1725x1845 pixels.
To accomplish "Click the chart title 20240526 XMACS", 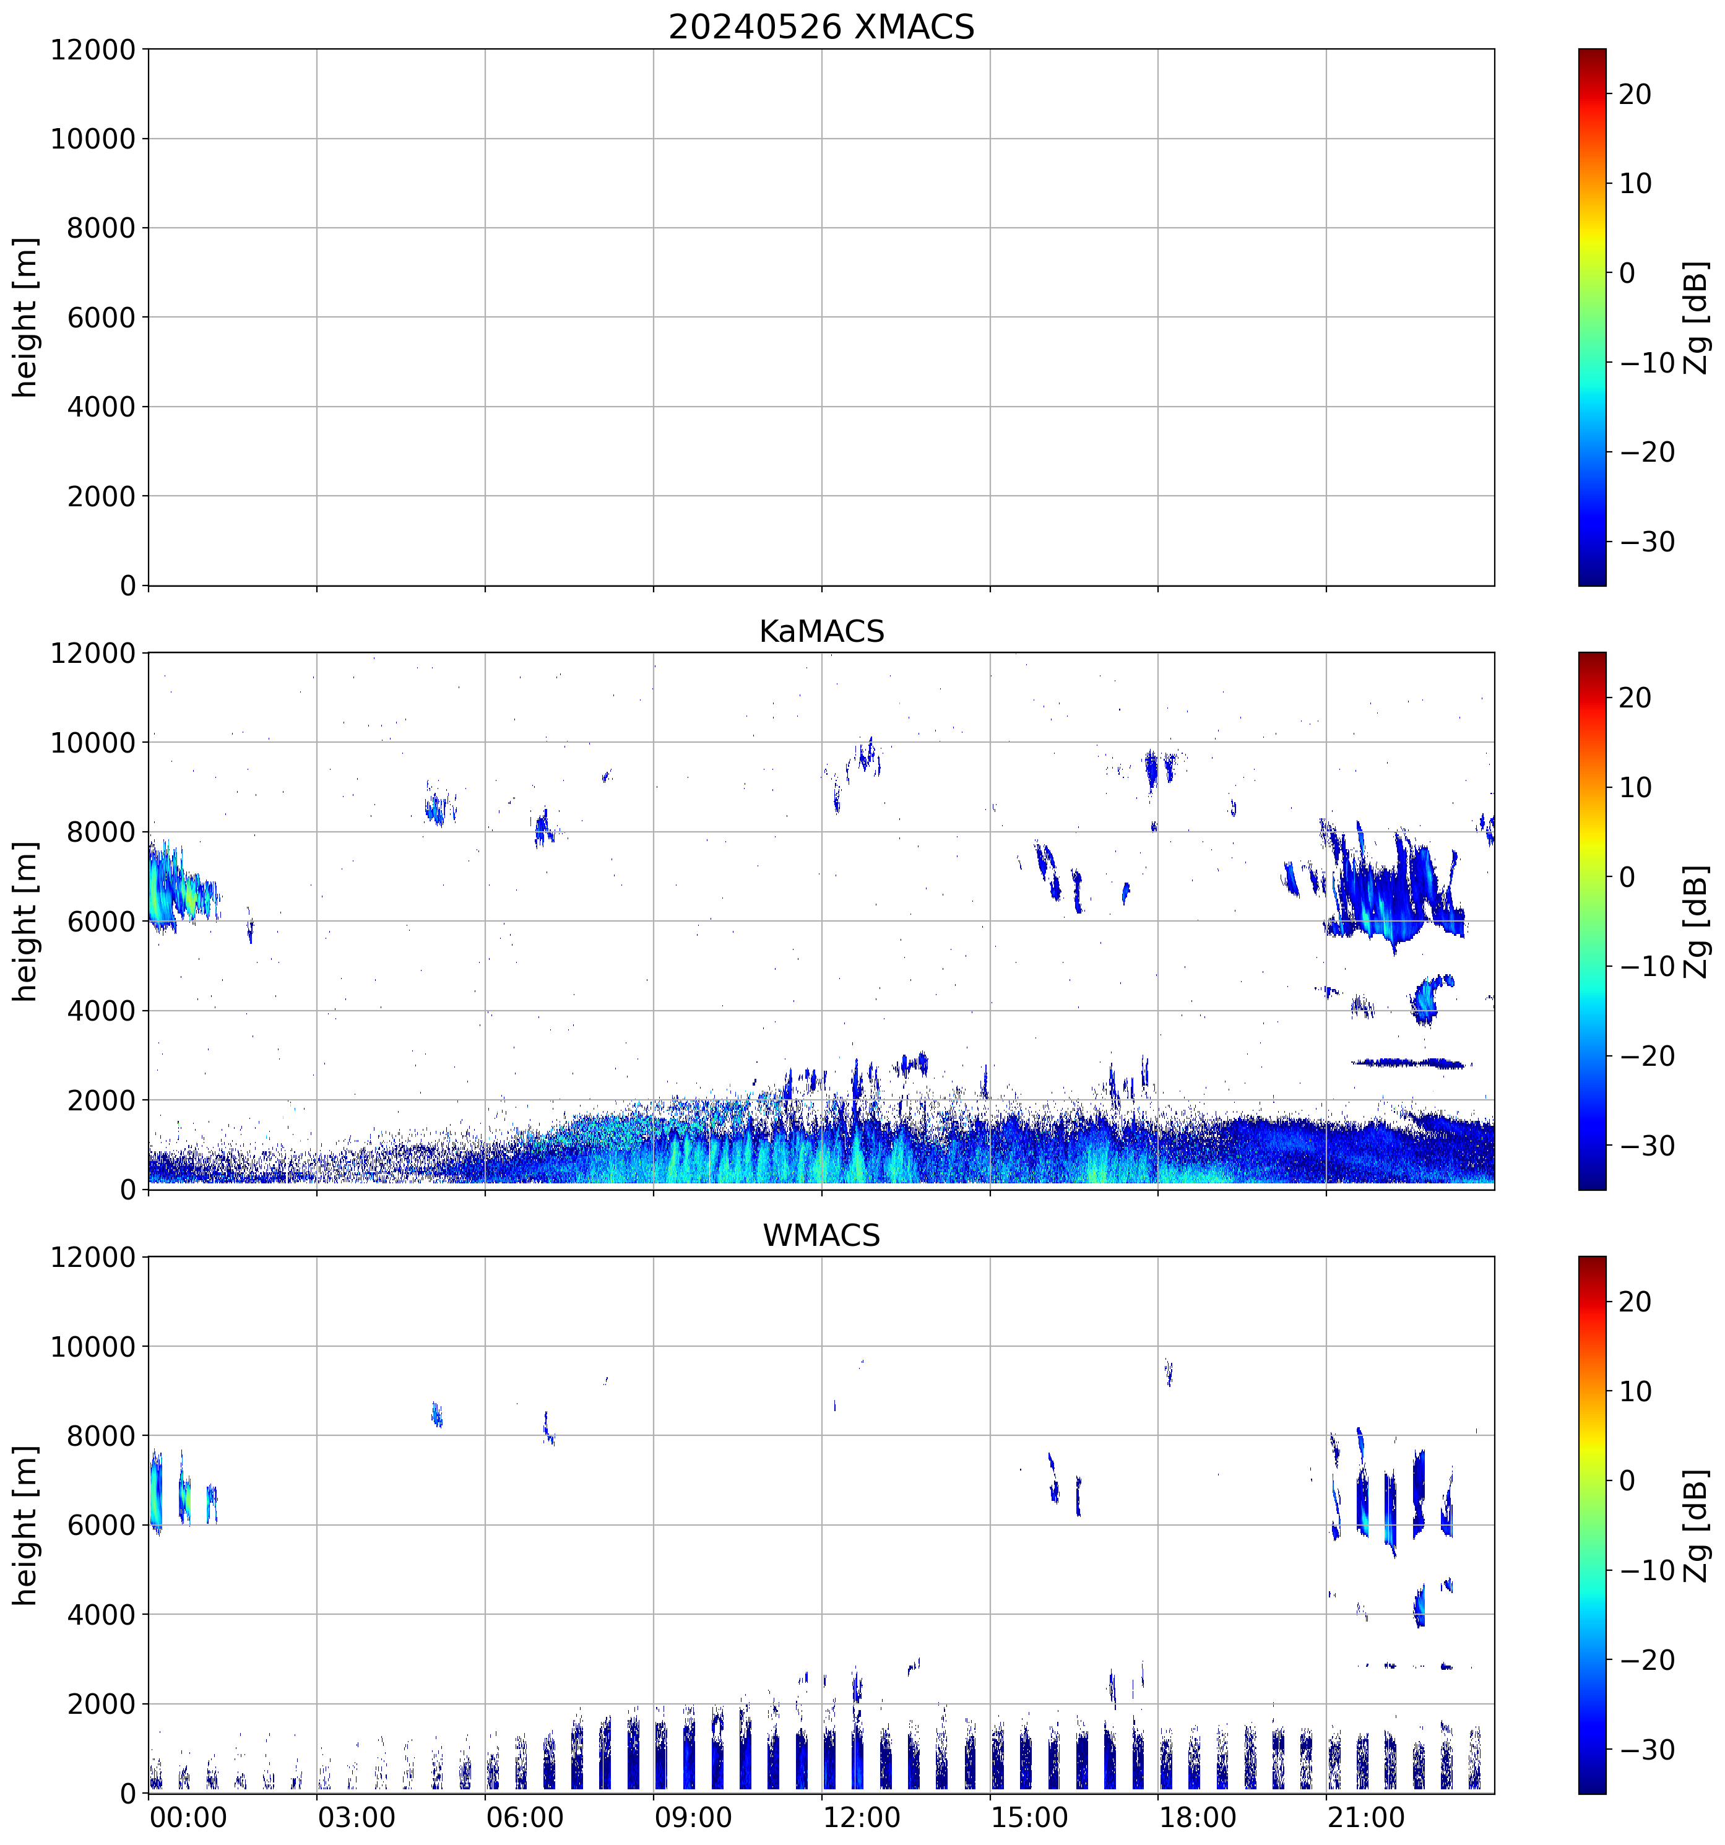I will pos(821,27).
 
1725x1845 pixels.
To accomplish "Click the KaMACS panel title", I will pos(821,632).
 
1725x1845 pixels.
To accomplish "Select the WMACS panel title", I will pos(821,1236).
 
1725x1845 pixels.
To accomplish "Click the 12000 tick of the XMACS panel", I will pos(93,50).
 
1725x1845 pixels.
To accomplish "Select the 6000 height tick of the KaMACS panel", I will pos(101,922).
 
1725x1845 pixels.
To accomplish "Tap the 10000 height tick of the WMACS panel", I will pos(93,1347).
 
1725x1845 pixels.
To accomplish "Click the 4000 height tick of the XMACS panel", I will pos(101,407).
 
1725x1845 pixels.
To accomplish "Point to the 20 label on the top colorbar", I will pos(1635,95).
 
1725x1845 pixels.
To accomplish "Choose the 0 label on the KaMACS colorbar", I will pos(1627,877).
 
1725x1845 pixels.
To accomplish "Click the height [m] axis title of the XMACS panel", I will pos(26,318).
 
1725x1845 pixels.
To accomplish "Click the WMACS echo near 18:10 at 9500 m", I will pos(1169,1372).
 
